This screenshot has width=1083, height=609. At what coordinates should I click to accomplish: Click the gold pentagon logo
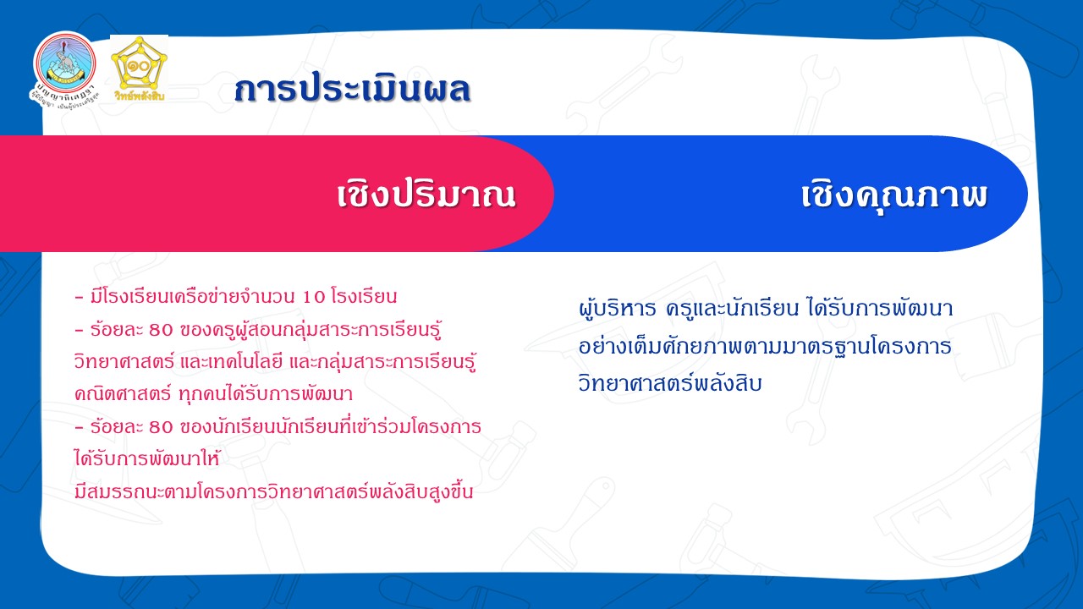(x=139, y=63)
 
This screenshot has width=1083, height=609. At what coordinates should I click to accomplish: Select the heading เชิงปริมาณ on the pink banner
(x=426, y=195)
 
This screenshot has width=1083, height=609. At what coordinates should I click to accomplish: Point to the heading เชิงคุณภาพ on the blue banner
(x=893, y=195)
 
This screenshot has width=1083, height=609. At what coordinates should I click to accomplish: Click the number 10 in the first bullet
(x=314, y=297)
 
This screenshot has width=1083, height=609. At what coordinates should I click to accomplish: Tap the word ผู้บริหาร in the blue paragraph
(x=617, y=309)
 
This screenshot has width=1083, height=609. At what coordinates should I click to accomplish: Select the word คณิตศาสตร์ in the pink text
(x=123, y=394)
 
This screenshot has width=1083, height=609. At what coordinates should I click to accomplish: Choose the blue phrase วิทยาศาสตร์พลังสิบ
(x=670, y=384)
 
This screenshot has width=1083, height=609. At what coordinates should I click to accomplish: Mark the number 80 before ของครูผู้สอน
(x=161, y=330)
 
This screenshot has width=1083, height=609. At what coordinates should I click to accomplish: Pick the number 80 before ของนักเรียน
(x=161, y=427)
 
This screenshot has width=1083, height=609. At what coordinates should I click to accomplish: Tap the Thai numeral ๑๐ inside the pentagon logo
(x=138, y=65)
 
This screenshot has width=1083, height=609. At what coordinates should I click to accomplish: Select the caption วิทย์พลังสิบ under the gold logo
(x=140, y=96)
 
